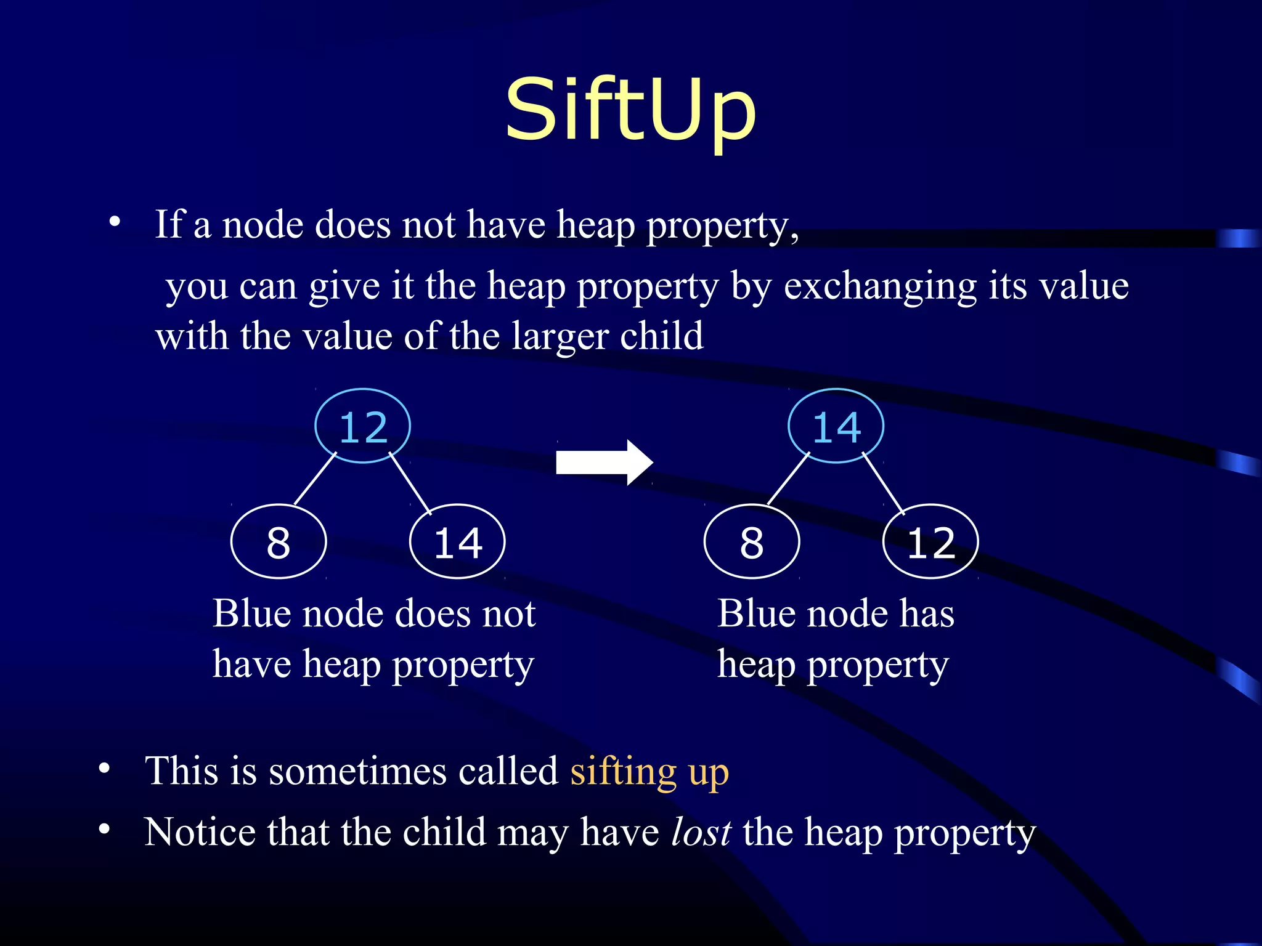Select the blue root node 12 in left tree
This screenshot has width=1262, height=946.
coord(363,426)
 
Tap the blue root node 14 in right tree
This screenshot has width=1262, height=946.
coord(836,426)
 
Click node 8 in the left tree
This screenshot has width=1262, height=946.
coord(279,542)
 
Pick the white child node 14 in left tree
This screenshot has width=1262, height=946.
coord(457,542)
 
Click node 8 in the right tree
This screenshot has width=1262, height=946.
coord(752,542)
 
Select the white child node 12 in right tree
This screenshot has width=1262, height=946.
coord(930,542)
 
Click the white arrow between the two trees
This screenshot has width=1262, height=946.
coord(604,463)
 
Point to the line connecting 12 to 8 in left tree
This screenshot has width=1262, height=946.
coord(315,479)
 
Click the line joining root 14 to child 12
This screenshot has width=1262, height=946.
coord(883,483)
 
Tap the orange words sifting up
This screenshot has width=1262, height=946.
coord(649,770)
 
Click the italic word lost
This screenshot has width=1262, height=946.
coord(701,832)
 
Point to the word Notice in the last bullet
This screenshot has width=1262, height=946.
coord(200,832)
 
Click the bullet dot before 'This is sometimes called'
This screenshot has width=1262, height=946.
coord(104,769)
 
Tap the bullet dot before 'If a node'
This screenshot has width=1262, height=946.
coord(114,222)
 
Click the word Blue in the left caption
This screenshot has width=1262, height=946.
coord(251,614)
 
